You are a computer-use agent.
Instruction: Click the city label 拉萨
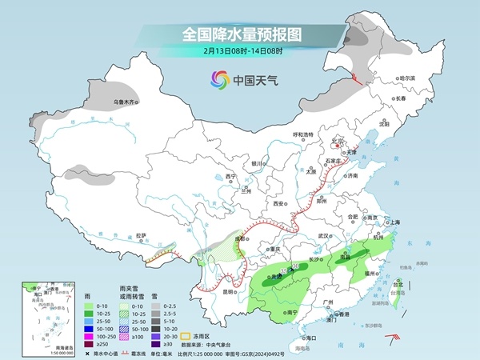click(142, 236)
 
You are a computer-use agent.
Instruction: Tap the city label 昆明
click(230, 291)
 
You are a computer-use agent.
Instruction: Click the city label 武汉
click(323, 236)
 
